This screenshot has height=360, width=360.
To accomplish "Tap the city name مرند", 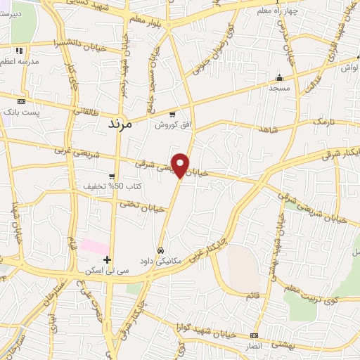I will pyautogui.click(x=120, y=124).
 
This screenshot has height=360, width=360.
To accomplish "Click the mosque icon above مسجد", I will pyautogui.click(x=279, y=77).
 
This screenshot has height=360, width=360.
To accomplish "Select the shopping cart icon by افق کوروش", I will pyautogui.click(x=172, y=114).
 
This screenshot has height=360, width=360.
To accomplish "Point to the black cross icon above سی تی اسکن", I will pyautogui.click(x=107, y=259).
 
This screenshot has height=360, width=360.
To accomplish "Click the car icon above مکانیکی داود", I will pyautogui.click(x=161, y=250).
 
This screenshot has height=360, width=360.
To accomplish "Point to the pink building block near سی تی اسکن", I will pyautogui.click(x=94, y=246).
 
